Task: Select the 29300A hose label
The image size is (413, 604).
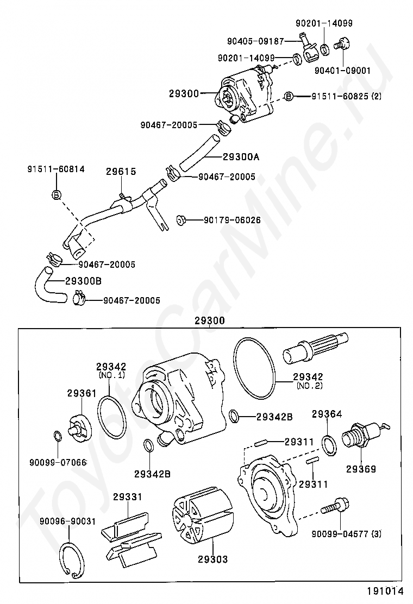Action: click(241, 157)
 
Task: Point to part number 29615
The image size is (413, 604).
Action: click(121, 172)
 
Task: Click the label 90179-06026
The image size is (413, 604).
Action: click(232, 220)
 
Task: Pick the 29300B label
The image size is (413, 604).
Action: click(83, 281)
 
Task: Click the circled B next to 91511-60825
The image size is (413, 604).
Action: click(289, 96)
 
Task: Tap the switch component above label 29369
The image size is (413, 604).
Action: click(358, 437)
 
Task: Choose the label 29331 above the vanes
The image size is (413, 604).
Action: click(128, 496)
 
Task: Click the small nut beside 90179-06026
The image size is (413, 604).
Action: click(182, 219)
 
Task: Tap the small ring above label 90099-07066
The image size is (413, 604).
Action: click(58, 436)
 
